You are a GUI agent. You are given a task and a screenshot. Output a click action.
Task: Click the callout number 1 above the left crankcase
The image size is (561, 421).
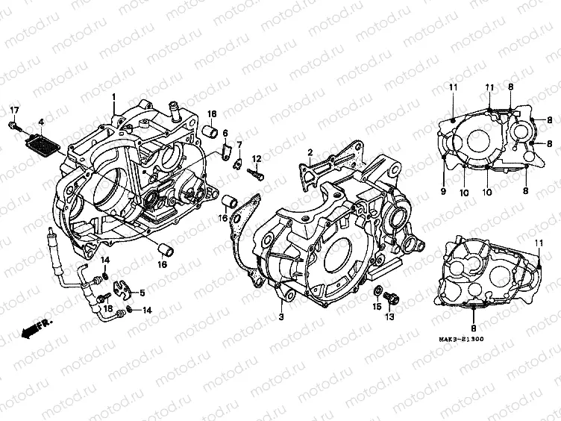pyautogui.click(x=114, y=98)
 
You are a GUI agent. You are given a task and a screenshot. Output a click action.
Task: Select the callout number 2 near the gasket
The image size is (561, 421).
pyautogui.click(x=308, y=152)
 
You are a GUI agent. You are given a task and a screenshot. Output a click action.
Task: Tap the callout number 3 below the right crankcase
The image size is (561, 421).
pyautogui.click(x=281, y=318)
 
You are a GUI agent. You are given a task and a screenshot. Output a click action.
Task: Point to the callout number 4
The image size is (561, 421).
pyautogui.click(x=42, y=122)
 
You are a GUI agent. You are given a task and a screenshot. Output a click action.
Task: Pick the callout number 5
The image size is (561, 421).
pyautogui.click(x=142, y=293)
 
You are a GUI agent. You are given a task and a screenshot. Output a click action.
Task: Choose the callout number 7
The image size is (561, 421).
pyautogui.click(x=239, y=144)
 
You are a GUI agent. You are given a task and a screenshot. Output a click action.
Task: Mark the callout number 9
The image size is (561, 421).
pyautogui.click(x=442, y=191)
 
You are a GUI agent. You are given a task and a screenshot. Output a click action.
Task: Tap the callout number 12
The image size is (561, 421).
pyautogui.click(x=256, y=158)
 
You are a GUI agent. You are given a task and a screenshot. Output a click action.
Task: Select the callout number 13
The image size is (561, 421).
pyautogui.click(x=388, y=318)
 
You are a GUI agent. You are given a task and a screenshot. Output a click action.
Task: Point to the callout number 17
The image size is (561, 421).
pyautogui.click(x=13, y=111)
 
